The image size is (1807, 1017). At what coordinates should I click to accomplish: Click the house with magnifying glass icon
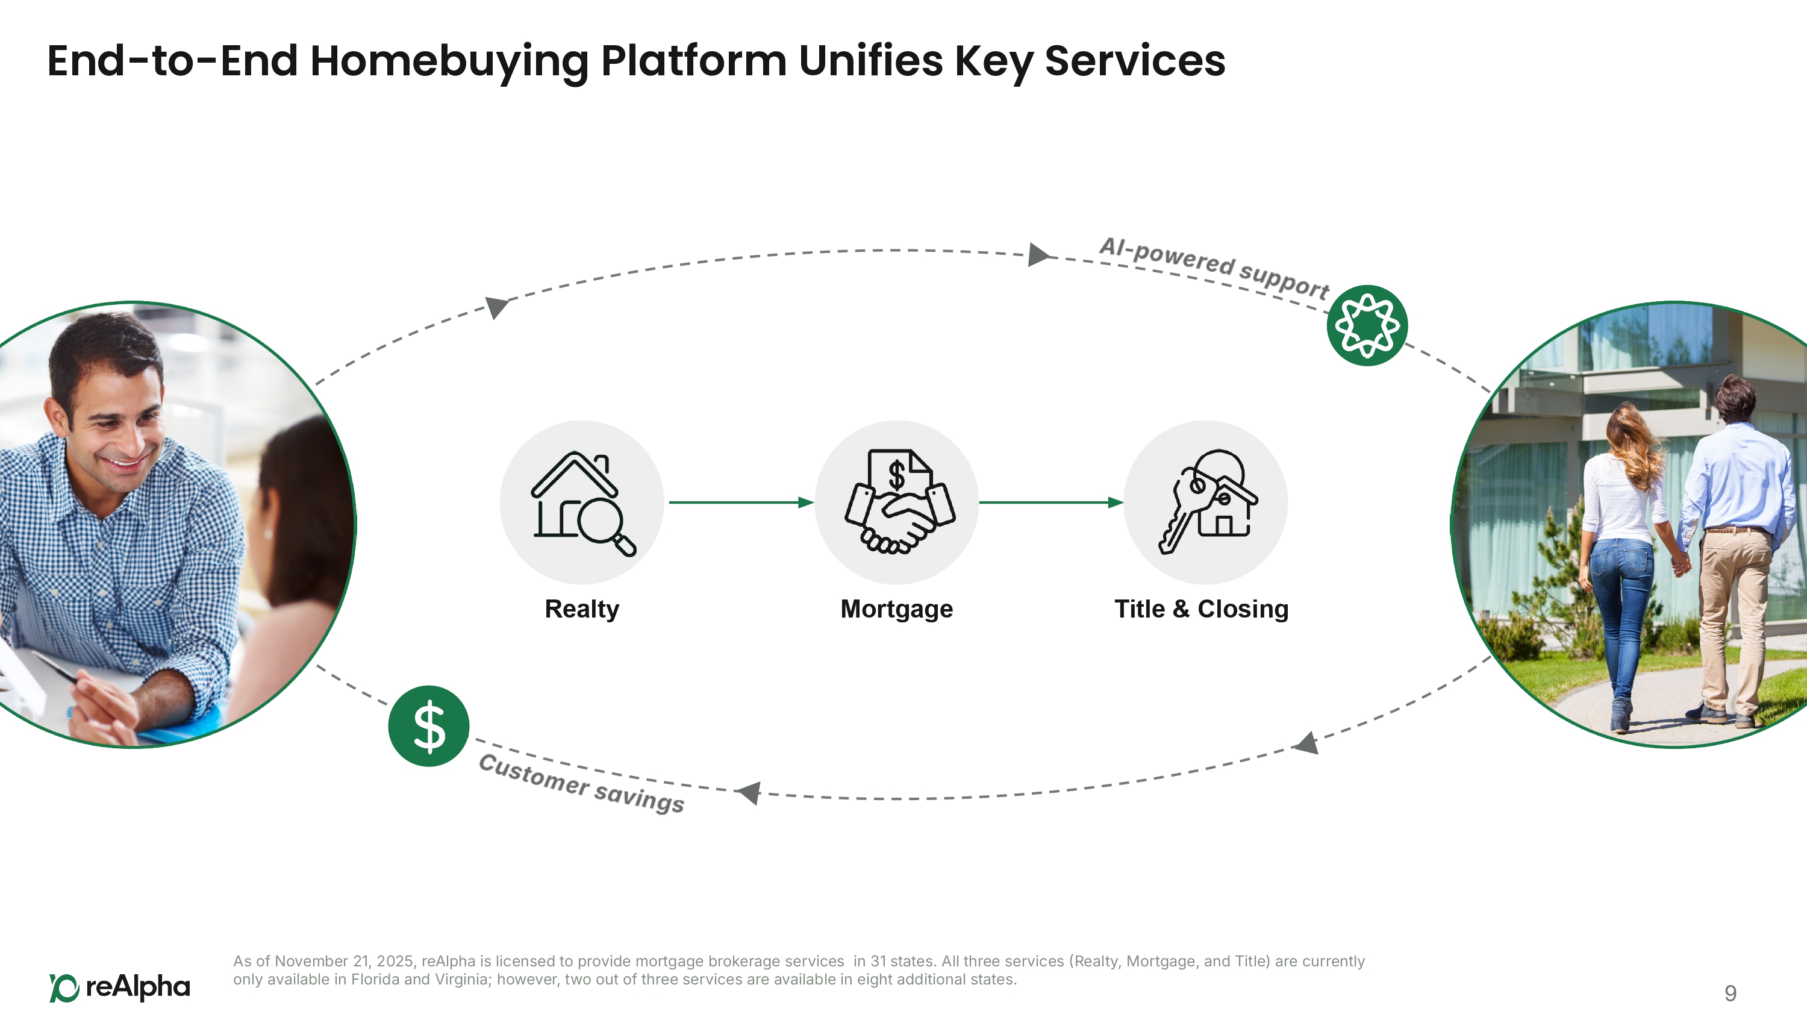point(581,502)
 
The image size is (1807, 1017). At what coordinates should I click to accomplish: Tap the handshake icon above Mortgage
point(897,502)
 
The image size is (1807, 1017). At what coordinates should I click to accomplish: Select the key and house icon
point(1206,502)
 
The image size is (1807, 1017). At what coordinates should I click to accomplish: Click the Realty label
point(581,609)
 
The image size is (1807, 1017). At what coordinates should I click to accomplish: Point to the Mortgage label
point(896,609)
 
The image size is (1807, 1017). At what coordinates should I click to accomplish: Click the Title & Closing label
point(1201,609)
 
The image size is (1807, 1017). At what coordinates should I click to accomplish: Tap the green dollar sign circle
point(429,726)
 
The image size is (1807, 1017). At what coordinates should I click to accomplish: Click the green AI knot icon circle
point(1367,325)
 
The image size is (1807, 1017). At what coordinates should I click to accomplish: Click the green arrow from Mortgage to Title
point(1050,502)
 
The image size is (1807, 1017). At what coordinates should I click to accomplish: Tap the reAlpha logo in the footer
point(120,987)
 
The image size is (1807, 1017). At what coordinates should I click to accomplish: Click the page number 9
point(1730,993)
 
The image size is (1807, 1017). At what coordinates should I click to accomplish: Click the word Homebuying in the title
point(449,62)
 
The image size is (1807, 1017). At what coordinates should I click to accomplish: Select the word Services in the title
point(1134,62)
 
